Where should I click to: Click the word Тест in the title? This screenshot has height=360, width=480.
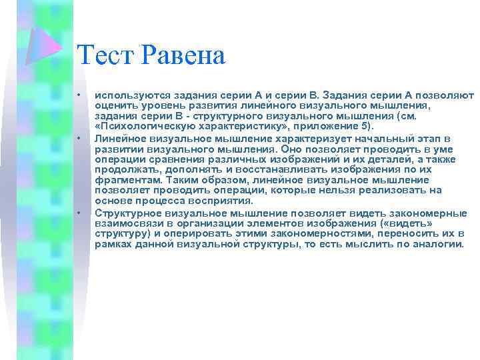click(105, 55)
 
